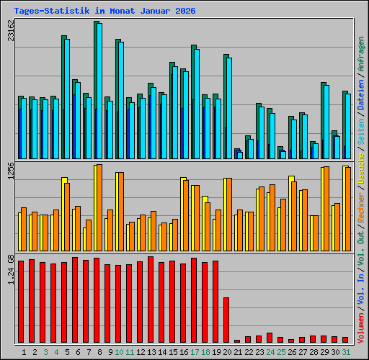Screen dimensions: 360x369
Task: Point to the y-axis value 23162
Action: tap(10, 32)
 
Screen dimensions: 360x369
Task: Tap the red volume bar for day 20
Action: tap(226, 320)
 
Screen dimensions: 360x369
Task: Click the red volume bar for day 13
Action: tap(151, 299)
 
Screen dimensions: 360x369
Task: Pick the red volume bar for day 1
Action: tap(21, 301)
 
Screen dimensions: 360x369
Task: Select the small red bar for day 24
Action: tap(270, 337)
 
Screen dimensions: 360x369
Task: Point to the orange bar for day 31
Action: tap(348, 209)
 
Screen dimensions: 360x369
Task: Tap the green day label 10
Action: tap(118, 351)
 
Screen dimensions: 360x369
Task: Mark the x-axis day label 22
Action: tap(248, 351)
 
